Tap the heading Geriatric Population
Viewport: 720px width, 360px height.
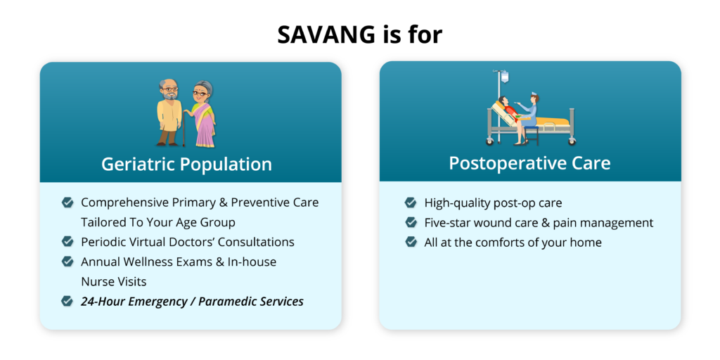tap(186, 164)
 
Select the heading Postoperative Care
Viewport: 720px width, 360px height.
tap(530, 163)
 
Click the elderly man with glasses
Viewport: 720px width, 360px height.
tap(169, 112)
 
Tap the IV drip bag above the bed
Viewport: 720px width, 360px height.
tap(505, 77)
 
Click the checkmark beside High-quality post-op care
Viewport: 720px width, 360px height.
tap(411, 202)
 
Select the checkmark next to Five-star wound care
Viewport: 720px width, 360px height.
tap(411, 223)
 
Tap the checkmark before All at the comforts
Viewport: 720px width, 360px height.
tap(411, 242)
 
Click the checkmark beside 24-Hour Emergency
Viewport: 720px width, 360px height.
tap(67, 301)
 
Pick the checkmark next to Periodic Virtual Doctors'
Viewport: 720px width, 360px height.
tap(67, 242)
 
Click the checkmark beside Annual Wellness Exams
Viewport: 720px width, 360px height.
tap(67, 262)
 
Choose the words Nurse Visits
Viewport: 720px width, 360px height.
tap(114, 281)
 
